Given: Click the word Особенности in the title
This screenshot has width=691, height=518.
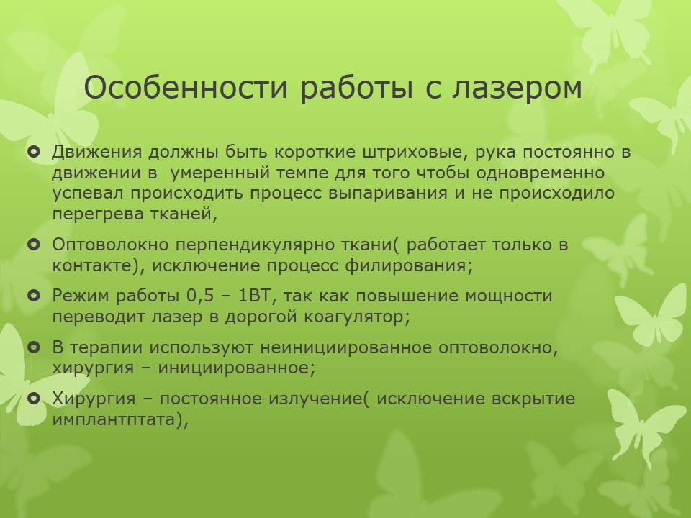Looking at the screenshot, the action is (186, 87).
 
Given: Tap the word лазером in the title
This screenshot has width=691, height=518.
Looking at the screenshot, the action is (517, 88).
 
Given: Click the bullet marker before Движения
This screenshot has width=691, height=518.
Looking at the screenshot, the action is (34, 152).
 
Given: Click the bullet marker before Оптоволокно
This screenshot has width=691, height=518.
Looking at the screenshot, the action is (34, 245).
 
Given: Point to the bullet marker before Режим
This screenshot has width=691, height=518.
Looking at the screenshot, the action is (34, 296).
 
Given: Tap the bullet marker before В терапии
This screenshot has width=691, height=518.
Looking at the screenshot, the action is (34, 347).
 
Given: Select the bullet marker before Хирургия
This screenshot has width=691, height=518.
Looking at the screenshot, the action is (34, 399).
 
